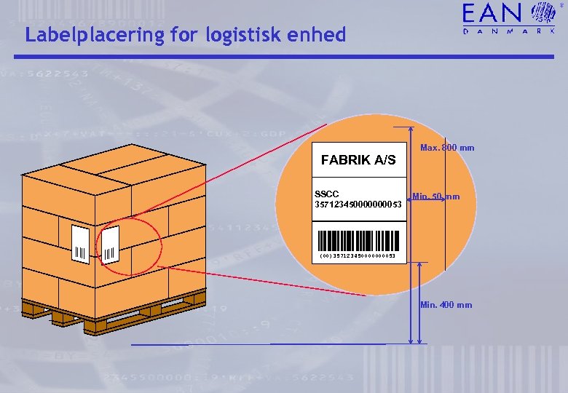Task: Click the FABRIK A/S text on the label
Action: [358, 159]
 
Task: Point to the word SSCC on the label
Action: [326, 194]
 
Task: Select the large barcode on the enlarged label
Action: [358, 239]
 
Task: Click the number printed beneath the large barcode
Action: [358, 256]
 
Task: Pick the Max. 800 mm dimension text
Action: [447, 148]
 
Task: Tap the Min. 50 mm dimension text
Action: [435, 196]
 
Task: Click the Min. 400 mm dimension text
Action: [446, 305]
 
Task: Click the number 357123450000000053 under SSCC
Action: [358, 204]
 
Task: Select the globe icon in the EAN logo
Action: [543, 13]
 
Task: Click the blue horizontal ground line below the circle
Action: [269, 344]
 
